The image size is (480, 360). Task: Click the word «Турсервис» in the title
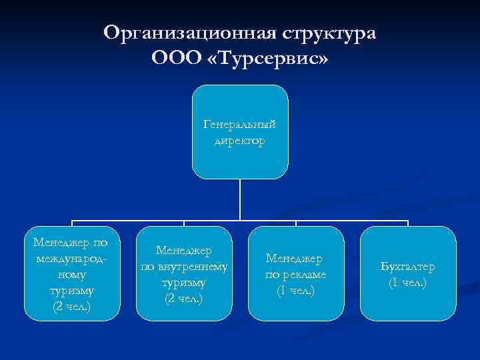pos(270,59)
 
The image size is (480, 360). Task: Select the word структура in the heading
pos(329,33)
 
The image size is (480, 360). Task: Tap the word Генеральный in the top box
pos(240,125)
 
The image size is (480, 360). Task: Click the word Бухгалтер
pos(407,267)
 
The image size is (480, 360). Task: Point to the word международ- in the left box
pos(72,257)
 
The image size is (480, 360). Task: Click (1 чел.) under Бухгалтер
pos(407,282)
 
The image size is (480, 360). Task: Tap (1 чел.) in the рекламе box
pos(295,290)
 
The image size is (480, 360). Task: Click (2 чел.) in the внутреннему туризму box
pos(183,298)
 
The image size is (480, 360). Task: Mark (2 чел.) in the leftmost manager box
pos(71,306)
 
